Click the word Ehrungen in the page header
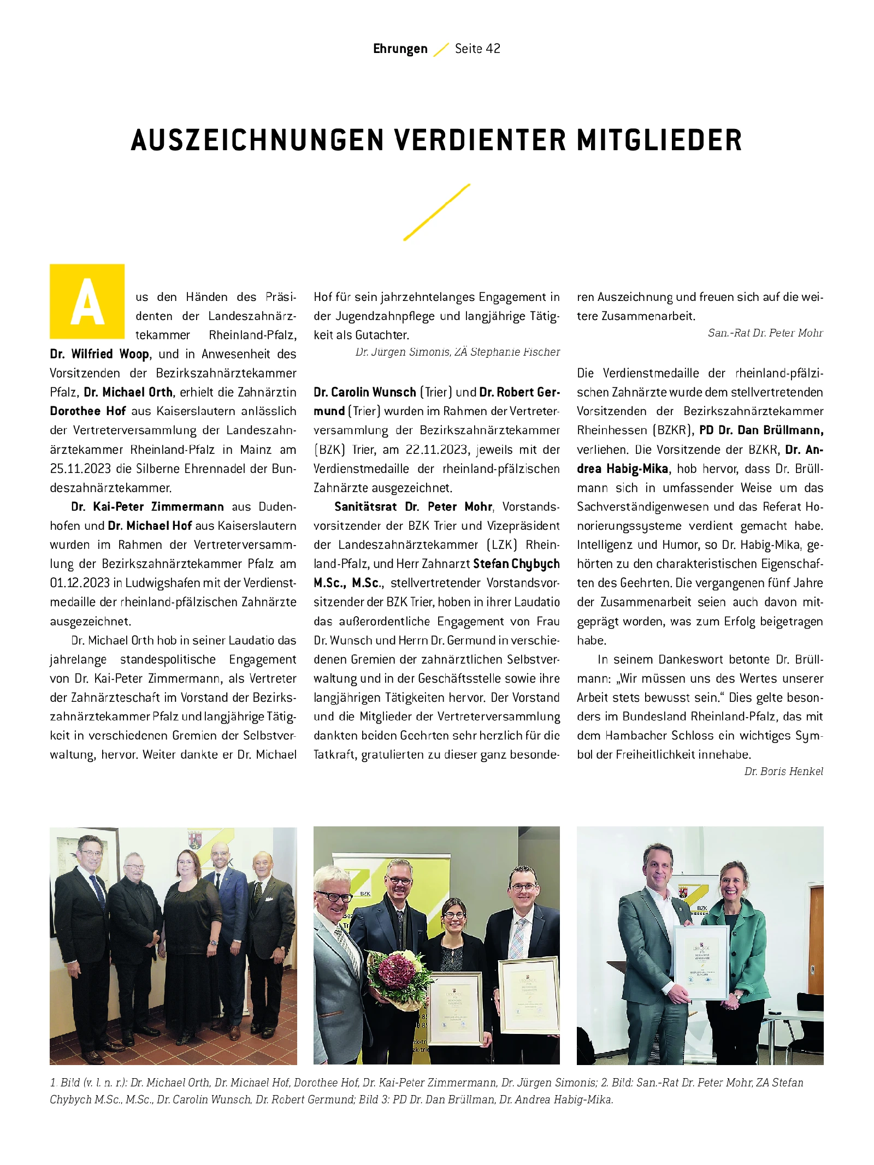click(400, 49)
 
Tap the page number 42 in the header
click(493, 49)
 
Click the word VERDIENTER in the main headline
click(480, 140)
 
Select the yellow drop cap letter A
click(87, 301)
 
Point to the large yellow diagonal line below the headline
click(436, 212)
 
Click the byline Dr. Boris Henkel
click(783, 771)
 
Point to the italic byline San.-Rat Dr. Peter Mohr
click(765, 333)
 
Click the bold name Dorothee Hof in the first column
click(87, 411)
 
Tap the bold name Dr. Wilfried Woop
click(99, 354)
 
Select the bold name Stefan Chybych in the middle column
click(516, 564)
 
